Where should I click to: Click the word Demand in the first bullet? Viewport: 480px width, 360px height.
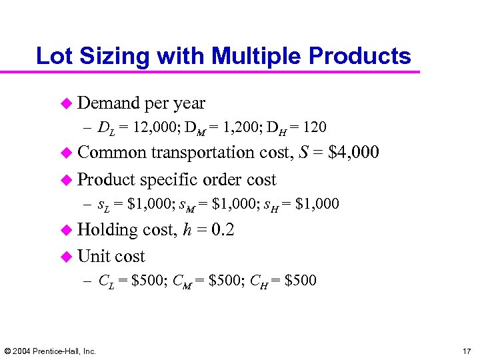point(108,103)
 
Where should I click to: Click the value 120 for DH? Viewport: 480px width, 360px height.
point(313,127)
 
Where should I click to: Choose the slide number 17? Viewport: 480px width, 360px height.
point(465,351)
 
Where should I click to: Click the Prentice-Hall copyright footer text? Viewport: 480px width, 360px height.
point(50,351)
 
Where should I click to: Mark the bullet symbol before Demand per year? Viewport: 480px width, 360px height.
point(65,103)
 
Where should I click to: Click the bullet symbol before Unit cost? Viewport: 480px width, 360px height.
point(65,257)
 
